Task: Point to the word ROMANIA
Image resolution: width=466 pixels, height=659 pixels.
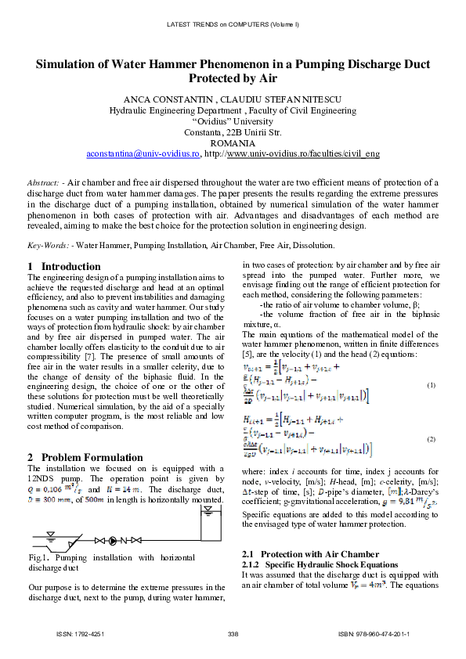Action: click(x=233, y=144)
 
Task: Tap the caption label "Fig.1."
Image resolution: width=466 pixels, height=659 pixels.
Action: click(x=38, y=557)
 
